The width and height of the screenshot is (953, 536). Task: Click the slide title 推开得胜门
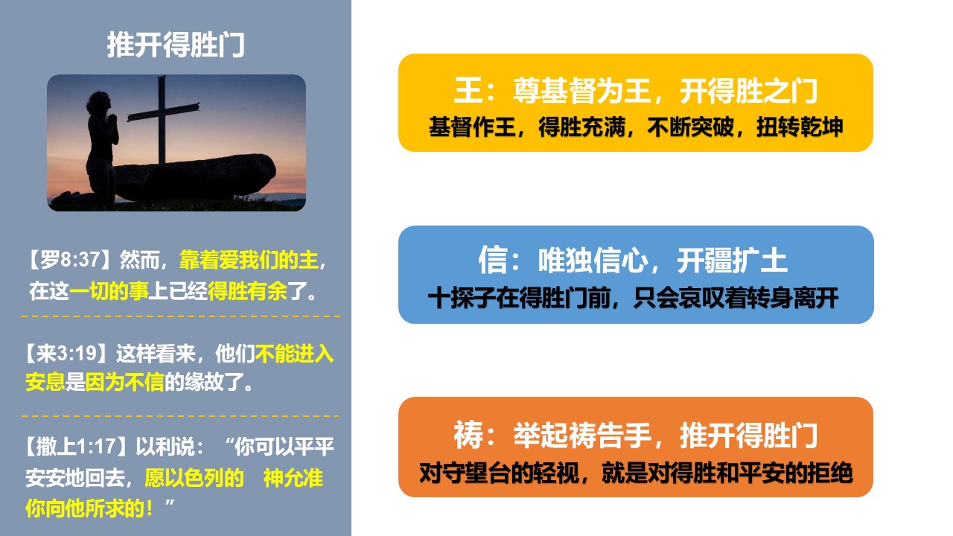(x=176, y=45)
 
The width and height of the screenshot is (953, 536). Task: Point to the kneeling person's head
(x=99, y=103)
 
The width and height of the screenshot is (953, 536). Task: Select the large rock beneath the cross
(x=194, y=176)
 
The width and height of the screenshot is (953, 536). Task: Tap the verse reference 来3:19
(x=68, y=353)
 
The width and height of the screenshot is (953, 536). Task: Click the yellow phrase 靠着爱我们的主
(x=249, y=260)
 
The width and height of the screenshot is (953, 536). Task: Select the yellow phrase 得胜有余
(x=248, y=291)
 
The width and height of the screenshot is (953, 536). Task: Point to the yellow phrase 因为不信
(x=124, y=382)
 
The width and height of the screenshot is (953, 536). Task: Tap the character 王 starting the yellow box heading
(x=468, y=90)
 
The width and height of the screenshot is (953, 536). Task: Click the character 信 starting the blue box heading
(x=493, y=260)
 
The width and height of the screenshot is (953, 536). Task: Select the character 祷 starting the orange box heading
(x=468, y=435)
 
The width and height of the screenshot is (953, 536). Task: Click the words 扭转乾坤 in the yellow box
(x=800, y=127)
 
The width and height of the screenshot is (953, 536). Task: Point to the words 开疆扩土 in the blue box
(x=732, y=260)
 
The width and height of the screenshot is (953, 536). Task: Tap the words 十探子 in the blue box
(x=462, y=297)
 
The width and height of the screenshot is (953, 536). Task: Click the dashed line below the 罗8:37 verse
(x=181, y=316)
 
